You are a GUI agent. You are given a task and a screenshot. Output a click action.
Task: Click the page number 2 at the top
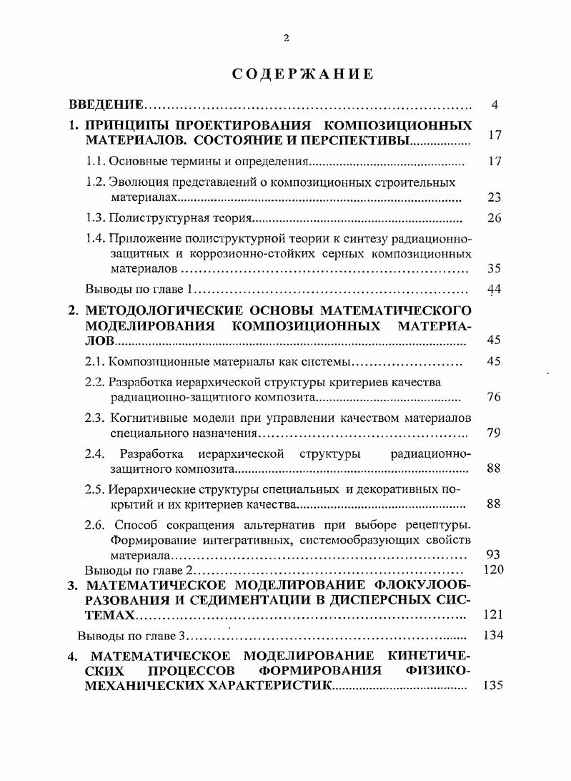[x=286, y=39]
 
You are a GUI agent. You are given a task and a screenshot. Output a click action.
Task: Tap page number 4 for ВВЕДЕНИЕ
[x=494, y=105]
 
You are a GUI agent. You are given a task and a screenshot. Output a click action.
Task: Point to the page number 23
[x=494, y=198]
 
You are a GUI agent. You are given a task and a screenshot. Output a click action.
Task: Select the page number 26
[x=494, y=219]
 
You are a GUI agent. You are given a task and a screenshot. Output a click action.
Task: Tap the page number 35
[x=494, y=270]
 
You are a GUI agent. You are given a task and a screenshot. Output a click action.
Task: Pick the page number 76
[x=494, y=398]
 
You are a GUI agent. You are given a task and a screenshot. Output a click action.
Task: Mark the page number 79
[x=494, y=433]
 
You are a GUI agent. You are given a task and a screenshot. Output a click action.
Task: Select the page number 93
[x=494, y=554]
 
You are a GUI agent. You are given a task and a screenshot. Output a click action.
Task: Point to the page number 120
[x=494, y=570]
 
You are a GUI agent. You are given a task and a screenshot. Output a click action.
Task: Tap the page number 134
[x=494, y=635]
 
